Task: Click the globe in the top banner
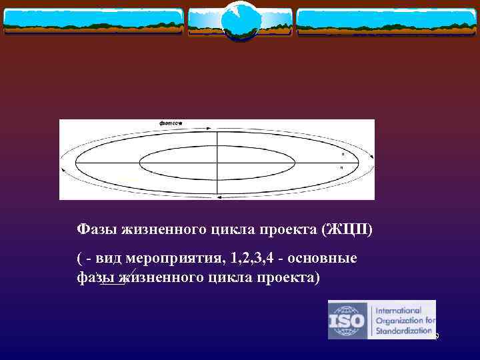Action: point(240,20)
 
